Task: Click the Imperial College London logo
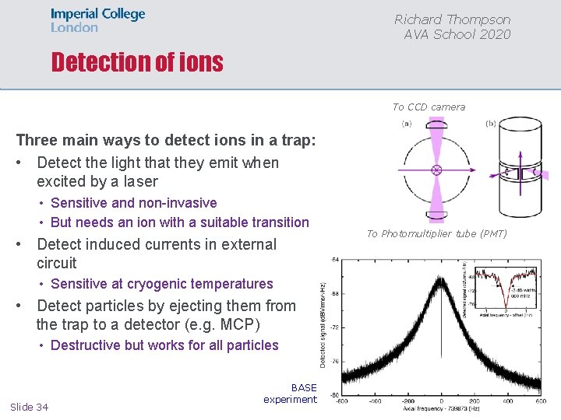tap(97, 21)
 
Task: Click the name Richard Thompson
tap(452, 19)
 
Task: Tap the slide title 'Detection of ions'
tap(137, 62)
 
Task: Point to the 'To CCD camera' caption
tap(429, 107)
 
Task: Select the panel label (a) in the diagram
tap(407, 124)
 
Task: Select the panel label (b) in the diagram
tap(490, 124)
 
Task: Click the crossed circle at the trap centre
tap(436, 169)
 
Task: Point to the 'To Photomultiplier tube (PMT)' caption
tap(436, 233)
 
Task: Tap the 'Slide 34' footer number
tap(29, 407)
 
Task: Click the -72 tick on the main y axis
tap(333, 327)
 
